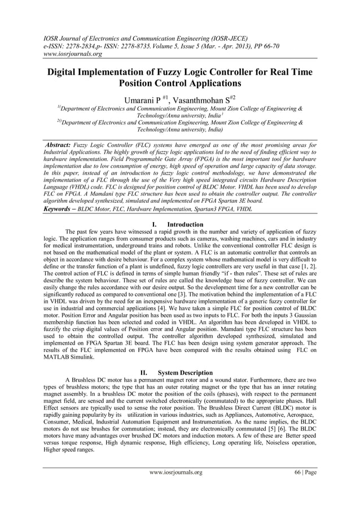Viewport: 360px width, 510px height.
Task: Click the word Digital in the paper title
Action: [65, 73]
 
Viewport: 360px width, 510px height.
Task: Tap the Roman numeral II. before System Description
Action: [143, 373]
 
